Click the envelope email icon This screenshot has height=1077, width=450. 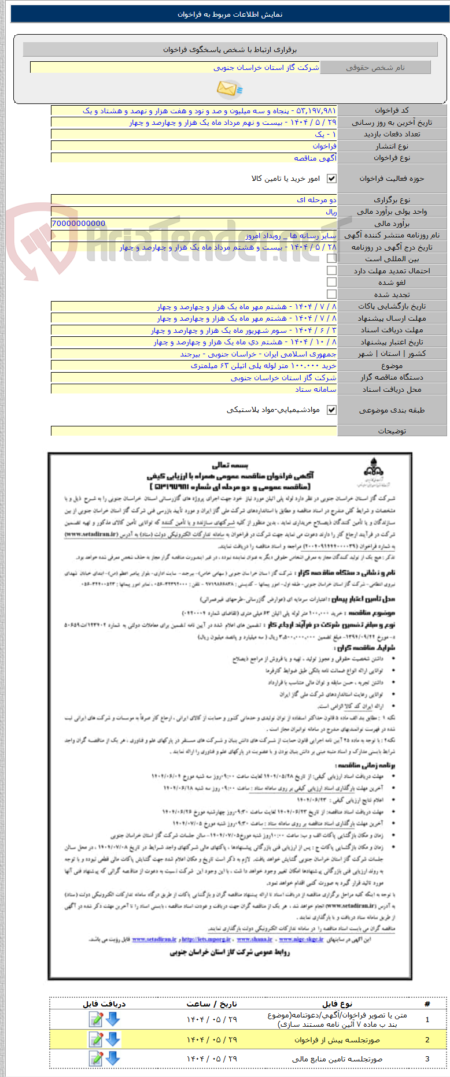pyautogui.click(x=229, y=88)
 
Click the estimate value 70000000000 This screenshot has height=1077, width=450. pyautogui.click(x=79, y=224)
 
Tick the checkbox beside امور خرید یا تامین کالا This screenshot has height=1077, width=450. pyautogui.click(x=331, y=179)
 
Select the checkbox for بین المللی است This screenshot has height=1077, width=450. pyautogui.click(x=331, y=259)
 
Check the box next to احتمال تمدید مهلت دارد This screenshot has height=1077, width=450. pyautogui.click(x=331, y=270)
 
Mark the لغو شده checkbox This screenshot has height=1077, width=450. pyautogui.click(x=331, y=282)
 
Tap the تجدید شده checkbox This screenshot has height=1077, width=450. pyautogui.click(x=331, y=294)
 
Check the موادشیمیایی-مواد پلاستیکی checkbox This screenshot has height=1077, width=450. pyautogui.click(x=331, y=410)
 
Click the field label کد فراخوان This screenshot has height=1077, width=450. pyautogui.click(x=392, y=110)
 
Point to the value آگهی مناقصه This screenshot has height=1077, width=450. pyautogui.click(x=315, y=158)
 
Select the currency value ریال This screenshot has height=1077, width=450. pyautogui.click(x=331, y=212)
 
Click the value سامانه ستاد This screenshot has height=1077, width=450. pyautogui.click(x=316, y=389)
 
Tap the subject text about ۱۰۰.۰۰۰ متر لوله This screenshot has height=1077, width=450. pyautogui.click(x=264, y=366)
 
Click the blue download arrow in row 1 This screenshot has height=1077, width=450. pyautogui.click(x=113, y=1019)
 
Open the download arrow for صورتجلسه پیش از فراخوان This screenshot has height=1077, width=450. pyautogui.click(x=113, y=1039)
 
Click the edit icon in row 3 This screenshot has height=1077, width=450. pyautogui.click(x=95, y=1059)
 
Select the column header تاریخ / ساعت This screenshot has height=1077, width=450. pyautogui.click(x=212, y=1004)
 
